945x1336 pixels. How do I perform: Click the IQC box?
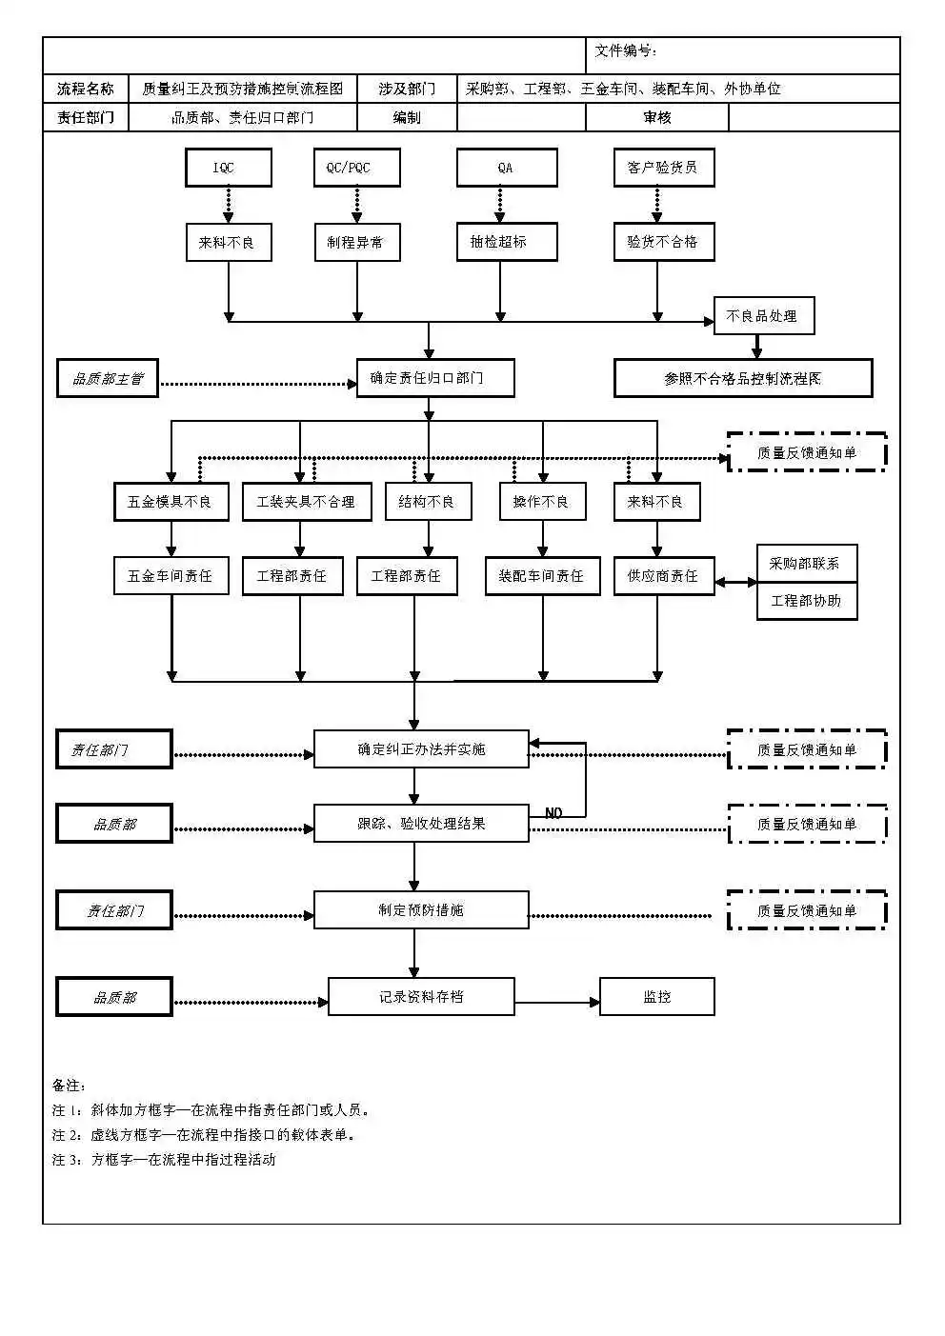coord(228,168)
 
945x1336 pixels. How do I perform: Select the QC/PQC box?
coord(356,168)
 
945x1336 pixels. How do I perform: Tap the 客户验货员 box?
coord(663,168)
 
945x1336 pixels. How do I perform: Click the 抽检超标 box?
coord(506,242)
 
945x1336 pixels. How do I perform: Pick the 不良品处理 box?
coord(763,316)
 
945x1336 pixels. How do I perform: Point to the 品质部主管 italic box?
coord(108,378)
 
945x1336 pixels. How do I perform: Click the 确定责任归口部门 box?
coord(435,378)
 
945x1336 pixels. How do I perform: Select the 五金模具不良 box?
coord(171,501)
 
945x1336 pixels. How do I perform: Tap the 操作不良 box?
coord(542,501)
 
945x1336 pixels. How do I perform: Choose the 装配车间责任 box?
coord(542,576)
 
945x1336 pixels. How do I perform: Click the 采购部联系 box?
coord(806,564)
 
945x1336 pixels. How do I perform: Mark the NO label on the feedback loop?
coord(553,813)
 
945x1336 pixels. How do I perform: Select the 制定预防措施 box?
coord(421,910)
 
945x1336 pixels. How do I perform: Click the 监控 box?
coord(656,997)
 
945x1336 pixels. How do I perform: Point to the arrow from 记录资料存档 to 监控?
coord(556,1002)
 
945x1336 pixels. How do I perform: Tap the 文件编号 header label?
coord(626,51)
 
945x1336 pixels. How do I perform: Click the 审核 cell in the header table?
coord(656,117)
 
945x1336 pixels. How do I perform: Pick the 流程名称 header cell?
coord(86,89)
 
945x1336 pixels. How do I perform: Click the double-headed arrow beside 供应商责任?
coord(735,582)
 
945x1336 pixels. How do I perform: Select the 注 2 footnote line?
coord(204,1135)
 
